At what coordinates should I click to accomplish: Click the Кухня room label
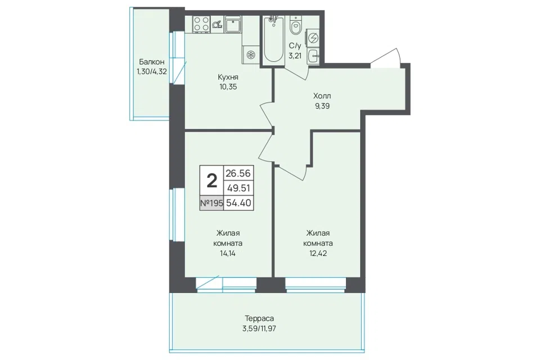pos(228,77)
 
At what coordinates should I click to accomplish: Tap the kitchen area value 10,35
pos(228,87)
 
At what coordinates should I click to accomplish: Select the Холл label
pos(322,96)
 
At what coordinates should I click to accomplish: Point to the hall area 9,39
pos(322,106)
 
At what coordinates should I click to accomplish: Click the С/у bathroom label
pos(295,46)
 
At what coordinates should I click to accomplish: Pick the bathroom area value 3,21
pos(295,56)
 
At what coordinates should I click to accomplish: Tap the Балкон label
pos(151,62)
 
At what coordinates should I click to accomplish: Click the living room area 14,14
pos(228,254)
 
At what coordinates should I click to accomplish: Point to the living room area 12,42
pos(318,254)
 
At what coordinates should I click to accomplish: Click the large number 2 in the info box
pos(211,181)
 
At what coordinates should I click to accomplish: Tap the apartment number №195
pos(211,203)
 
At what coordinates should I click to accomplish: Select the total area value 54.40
pos(238,203)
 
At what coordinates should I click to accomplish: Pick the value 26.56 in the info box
pos(238,173)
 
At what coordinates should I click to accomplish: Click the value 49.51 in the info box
pos(238,188)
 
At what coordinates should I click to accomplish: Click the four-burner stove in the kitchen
pos(201,24)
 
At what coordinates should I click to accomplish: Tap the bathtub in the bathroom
pos(274,39)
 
